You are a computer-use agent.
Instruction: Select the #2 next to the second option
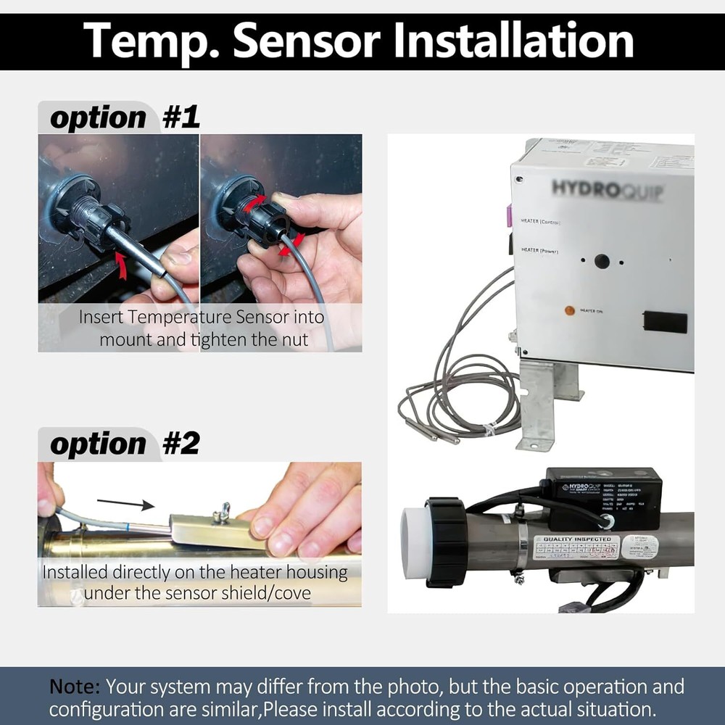tap(181, 444)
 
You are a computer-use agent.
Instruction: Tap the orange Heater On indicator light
tap(570, 311)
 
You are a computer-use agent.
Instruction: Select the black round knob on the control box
tap(602, 261)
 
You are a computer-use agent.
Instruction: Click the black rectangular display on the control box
tap(664, 322)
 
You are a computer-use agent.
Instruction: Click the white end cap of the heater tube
tap(414, 542)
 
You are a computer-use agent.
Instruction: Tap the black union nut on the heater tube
tap(446, 542)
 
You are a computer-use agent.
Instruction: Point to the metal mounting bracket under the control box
tap(540, 402)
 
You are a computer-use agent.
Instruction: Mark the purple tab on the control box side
tap(509, 215)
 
